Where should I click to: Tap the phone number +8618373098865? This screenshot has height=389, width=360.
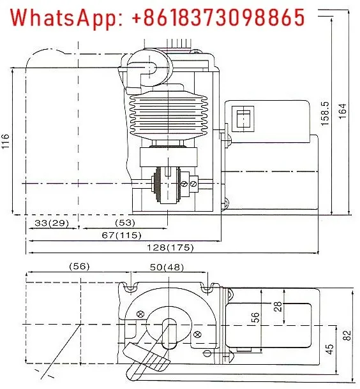click(218, 17)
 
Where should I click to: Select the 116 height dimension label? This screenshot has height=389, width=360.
click(6, 141)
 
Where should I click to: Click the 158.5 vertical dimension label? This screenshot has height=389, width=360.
click(325, 113)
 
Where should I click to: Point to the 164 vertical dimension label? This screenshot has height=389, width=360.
click(342, 111)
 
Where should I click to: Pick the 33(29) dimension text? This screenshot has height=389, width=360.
click(52, 223)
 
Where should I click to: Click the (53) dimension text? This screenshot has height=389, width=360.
click(125, 223)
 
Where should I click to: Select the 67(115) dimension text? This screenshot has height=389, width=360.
click(121, 235)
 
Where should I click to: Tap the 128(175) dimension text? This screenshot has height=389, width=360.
click(170, 247)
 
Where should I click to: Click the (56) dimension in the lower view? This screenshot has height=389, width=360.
click(79, 267)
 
